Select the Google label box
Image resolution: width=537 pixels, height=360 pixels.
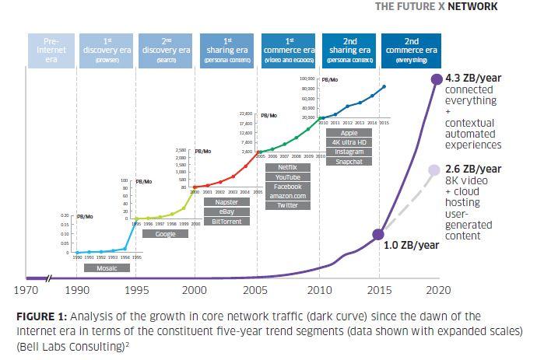[x=165, y=233]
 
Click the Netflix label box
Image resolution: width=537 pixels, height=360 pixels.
[x=288, y=167]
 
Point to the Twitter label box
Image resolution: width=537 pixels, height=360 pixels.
[x=288, y=205]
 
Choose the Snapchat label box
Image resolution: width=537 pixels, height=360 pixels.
[x=349, y=161]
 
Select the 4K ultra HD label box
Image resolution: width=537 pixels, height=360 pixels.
[x=349, y=142]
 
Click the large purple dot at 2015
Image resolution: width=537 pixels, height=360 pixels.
[x=380, y=233]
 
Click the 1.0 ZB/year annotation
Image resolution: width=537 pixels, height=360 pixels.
[x=412, y=245]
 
